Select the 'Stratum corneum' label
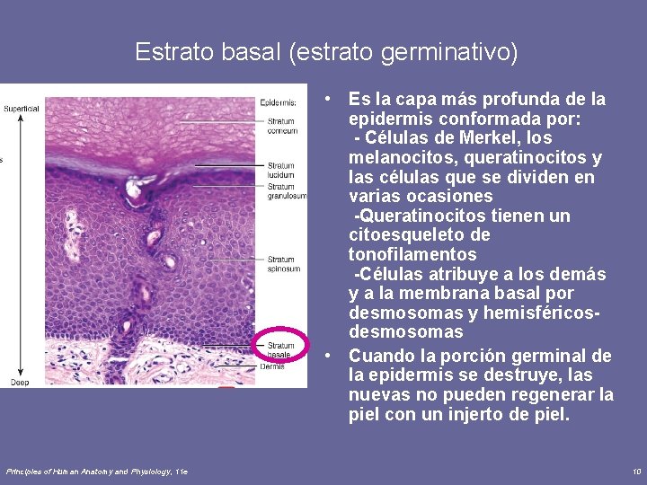point(281,127)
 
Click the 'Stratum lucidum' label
point(281,170)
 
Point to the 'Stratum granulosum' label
point(286,190)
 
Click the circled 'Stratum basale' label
point(281,349)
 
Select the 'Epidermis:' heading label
point(278,101)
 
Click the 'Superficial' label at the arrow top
point(22,109)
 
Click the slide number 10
point(636,471)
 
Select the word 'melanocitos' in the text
point(395,157)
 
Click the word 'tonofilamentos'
point(412,254)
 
